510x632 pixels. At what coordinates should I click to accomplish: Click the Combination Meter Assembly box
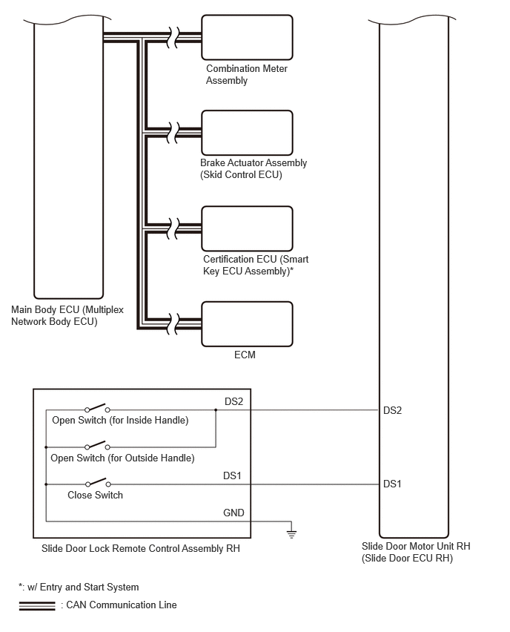247,38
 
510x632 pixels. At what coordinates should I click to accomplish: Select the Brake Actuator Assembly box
247,133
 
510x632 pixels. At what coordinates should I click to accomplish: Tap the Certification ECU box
247,228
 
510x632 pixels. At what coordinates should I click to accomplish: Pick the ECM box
247,324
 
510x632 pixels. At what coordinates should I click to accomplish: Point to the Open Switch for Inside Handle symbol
97,408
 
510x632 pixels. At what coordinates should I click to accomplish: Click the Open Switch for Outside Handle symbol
97,445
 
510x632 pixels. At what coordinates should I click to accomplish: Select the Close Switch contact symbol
98,482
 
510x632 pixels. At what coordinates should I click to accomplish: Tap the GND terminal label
234,513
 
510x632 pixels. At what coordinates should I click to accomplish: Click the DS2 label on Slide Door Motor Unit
392,410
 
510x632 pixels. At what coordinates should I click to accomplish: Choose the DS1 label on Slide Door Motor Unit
392,484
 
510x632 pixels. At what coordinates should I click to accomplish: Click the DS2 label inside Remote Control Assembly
234,401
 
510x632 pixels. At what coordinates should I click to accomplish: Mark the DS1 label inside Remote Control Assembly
232,475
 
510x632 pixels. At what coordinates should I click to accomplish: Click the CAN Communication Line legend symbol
37,606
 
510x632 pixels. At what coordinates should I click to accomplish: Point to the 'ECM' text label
245,355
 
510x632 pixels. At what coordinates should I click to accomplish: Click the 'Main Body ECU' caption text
67,315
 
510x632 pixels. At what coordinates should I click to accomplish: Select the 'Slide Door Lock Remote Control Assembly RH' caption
141,549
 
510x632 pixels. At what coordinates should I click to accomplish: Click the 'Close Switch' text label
95,495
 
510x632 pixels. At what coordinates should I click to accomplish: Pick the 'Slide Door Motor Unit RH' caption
416,552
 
